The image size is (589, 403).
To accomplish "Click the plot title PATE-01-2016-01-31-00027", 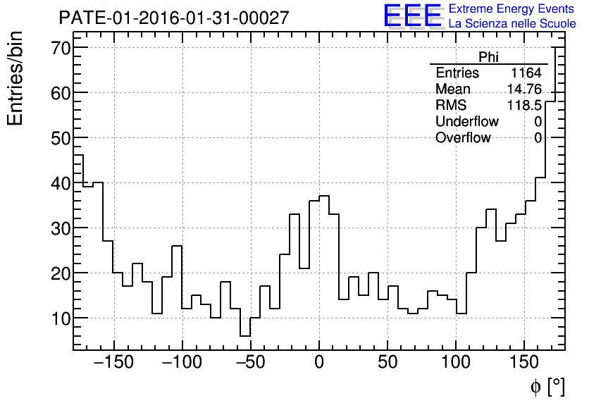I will pyautogui.click(x=173, y=18).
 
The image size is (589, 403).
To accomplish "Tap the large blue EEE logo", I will pyautogui.click(x=412, y=15).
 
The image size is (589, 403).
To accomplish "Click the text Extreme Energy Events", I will pyautogui.click(x=512, y=9).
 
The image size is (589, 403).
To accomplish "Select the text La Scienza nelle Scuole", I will pyautogui.click(x=512, y=24).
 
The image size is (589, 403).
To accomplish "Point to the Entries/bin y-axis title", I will pyautogui.click(x=15, y=78).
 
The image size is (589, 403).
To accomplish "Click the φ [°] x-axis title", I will pyautogui.click(x=547, y=386).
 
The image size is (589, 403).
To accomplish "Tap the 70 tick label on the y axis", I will pyautogui.click(x=61, y=48).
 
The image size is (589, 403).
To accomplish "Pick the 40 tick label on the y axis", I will pyautogui.click(x=61, y=183).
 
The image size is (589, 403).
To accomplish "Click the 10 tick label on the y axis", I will pyautogui.click(x=61, y=318).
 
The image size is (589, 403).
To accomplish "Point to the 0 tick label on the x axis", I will pyautogui.click(x=319, y=363).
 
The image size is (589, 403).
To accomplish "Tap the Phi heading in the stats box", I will pyautogui.click(x=488, y=57).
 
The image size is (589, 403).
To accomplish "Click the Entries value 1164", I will pyautogui.click(x=526, y=73).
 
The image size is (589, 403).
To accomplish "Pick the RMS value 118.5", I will pyautogui.click(x=524, y=105).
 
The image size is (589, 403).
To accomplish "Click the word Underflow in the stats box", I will pyautogui.click(x=466, y=121).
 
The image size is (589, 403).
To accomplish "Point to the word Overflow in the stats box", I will pyautogui.click(x=463, y=137).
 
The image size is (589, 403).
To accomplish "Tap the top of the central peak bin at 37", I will pyautogui.click(x=324, y=196).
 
